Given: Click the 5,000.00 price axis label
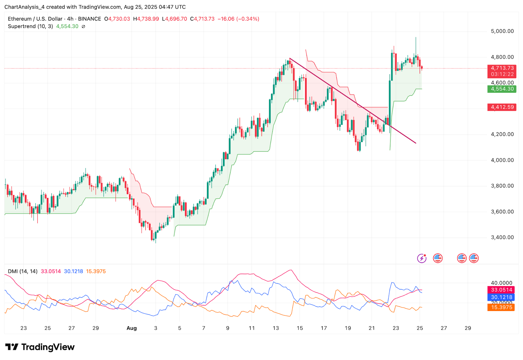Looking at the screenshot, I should [x=502, y=31].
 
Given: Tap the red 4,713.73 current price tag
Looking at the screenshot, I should [x=502, y=68].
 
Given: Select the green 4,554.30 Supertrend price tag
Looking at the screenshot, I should [x=502, y=89].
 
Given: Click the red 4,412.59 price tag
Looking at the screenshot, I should [x=502, y=107].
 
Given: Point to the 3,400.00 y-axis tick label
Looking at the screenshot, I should [x=502, y=237].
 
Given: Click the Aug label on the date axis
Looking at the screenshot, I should [x=131, y=328].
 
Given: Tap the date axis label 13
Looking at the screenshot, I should [x=276, y=328].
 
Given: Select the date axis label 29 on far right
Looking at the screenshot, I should [x=468, y=328].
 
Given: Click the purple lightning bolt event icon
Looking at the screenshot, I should [x=422, y=258].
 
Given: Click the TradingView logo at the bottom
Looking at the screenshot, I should [x=40, y=347].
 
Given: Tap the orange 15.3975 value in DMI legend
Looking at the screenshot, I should [x=96, y=271].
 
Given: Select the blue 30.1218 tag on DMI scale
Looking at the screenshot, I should [x=501, y=297].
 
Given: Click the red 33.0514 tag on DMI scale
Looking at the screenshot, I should [x=501, y=290].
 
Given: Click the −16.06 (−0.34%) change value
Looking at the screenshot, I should [x=238, y=19].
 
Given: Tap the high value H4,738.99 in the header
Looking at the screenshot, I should [x=146, y=19].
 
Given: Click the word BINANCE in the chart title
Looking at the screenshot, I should [x=90, y=19].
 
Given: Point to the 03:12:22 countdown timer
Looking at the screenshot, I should [x=502, y=74].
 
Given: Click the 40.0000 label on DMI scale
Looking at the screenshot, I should [x=501, y=283].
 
